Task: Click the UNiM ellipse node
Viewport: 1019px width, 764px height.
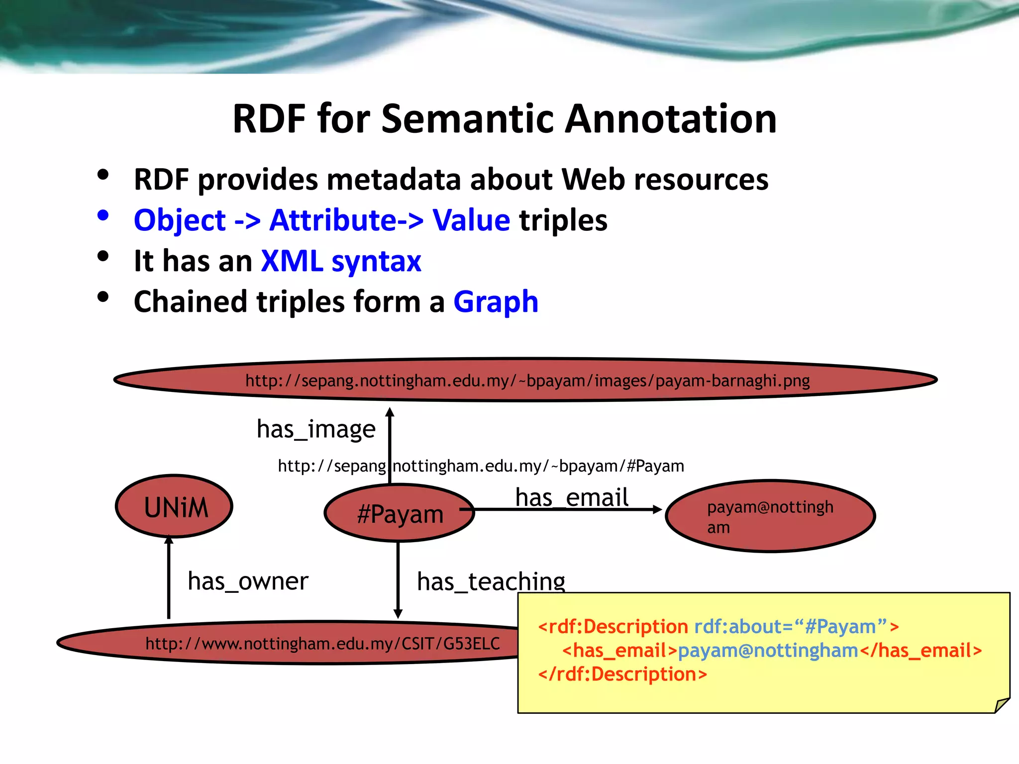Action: click(x=174, y=506)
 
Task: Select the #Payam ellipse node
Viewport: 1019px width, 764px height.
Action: click(x=400, y=513)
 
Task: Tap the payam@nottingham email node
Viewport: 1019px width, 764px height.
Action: click(x=770, y=516)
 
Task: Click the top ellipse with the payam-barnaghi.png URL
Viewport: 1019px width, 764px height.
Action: click(x=525, y=380)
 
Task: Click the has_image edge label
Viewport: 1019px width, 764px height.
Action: click(x=316, y=429)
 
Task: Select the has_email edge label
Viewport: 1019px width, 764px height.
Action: click(x=572, y=497)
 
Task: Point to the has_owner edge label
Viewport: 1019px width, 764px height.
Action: click(x=248, y=581)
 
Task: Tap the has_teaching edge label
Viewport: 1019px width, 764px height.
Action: click(x=491, y=581)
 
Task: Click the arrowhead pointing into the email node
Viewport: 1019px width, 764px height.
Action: click(x=657, y=509)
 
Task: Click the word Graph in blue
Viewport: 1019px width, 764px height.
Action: click(x=496, y=301)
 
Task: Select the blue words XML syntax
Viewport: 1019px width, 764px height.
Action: click(x=341, y=261)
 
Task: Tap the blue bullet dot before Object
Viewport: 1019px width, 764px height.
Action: click(x=103, y=216)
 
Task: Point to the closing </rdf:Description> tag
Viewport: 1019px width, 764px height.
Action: click(x=622, y=674)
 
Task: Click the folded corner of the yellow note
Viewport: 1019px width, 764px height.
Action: click(x=1001, y=705)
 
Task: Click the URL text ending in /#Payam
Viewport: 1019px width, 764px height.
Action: click(x=481, y=466)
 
